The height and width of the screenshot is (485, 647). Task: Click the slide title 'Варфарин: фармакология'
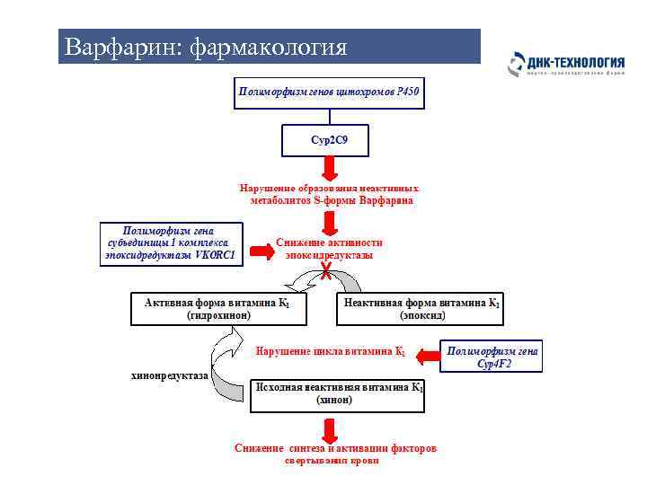tap(202, 46)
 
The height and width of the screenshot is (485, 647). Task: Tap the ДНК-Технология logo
tap(566, 64)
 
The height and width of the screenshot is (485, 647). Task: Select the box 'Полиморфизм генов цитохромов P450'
tap(328, 92)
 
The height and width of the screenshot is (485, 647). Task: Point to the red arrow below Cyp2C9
tap(330, 168)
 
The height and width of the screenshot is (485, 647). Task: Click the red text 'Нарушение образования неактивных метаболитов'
tap(330, 194)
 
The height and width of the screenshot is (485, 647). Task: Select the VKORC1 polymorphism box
tap(172, 243)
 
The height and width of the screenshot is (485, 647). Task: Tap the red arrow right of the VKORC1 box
tap(261, 251)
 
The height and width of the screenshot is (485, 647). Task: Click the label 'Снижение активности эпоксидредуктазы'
tap(330, 249)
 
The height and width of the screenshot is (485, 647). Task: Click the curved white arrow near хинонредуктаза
tap(226, 353)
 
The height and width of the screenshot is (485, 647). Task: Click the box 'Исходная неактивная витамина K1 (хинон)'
tap(335, 393)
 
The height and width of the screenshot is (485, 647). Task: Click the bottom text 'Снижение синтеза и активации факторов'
tap(335, 447)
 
